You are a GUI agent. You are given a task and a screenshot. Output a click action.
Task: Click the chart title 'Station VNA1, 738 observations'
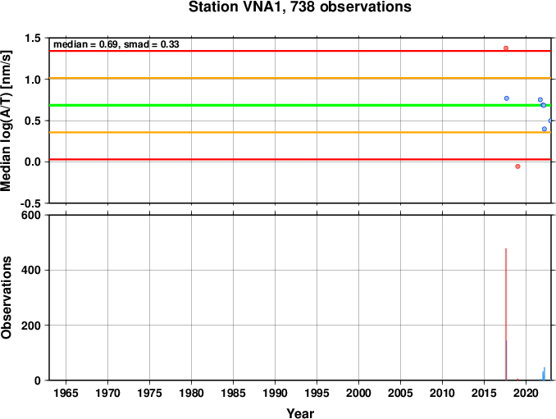tap(299, 7)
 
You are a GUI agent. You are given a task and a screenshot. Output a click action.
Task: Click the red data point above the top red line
tap(506, 48)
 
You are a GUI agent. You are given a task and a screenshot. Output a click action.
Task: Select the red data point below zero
tap(517, 166)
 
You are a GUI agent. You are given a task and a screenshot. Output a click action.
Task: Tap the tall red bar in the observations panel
tap(506, 314)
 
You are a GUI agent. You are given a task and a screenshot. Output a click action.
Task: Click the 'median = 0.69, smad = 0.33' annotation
tap(116, 44)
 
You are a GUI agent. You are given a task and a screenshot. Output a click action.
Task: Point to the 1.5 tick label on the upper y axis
tap(33, 38)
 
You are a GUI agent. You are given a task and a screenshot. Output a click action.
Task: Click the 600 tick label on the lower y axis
tap(31, 215)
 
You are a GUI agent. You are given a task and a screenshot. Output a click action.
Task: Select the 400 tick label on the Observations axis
tap(31, 270)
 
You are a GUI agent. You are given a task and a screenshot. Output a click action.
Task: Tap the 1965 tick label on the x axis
tap(66, 393)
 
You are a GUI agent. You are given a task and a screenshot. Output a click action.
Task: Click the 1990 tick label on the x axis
tap(276, 393)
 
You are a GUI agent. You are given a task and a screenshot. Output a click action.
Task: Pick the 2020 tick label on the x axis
tap(526, 393)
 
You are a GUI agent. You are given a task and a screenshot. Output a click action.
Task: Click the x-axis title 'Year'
tap(300, 413)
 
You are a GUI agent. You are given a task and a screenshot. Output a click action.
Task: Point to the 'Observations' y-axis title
tap(7, 298)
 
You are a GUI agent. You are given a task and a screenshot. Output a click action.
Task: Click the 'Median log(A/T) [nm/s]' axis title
tap(7, 121)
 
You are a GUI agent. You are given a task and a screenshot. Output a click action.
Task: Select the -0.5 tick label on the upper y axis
tap(30, 203)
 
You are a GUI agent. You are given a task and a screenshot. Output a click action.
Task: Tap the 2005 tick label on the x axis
tap(401, 393)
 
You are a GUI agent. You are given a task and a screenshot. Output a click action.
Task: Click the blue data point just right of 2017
tap(507, 98)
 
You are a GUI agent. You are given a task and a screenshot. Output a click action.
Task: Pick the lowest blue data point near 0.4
tap(545, 129)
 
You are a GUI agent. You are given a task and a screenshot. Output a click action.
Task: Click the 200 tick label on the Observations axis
tap(31, 326)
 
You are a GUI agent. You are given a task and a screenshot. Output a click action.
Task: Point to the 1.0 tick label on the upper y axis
tap(33, 80)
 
